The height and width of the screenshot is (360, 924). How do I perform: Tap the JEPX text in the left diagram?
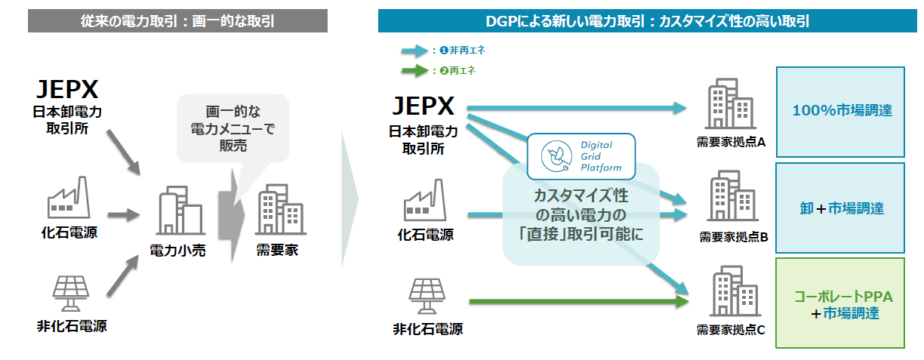point(69,90)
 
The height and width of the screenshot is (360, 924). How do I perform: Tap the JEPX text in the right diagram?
point(423,105)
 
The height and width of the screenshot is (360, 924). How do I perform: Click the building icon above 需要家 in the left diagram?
point(279,211)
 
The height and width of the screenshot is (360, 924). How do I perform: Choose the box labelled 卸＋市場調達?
point(840,208)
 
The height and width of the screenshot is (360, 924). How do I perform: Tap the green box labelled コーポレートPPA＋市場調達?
point(840,304)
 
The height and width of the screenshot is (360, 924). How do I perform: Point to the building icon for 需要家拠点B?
point(730,198)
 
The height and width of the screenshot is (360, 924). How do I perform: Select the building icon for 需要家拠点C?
point(730,293)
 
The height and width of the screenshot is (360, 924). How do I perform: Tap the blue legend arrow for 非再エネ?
point(414,52)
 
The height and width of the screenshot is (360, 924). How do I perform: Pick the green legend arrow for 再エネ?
point(414,71)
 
